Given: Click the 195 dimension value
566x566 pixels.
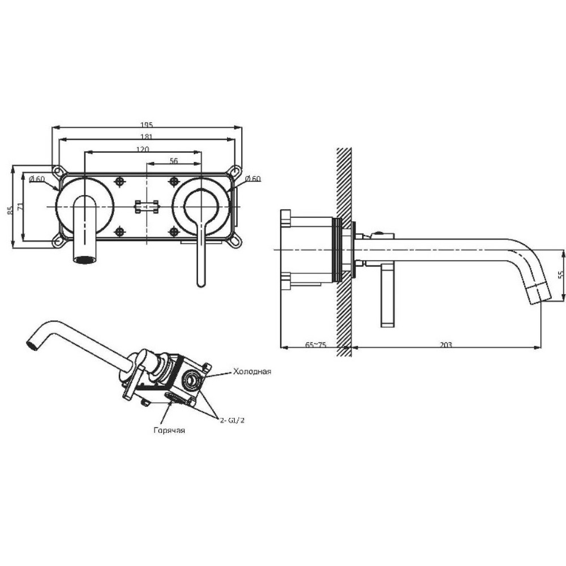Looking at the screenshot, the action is pos(147,125).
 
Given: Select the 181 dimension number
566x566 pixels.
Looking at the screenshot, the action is pos(147,137).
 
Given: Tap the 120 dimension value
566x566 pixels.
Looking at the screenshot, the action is pos(142,149).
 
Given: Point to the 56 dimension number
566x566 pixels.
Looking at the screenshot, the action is pos(174,161).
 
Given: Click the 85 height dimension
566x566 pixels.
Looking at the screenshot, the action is pos(10,209).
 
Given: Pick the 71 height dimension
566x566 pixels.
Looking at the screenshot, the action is pos(20,207).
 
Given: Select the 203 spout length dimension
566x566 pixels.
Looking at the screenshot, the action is pos(446,345).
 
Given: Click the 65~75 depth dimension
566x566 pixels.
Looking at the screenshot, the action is pos(316,345).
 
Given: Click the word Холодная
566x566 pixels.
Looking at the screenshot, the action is pos(252,371).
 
